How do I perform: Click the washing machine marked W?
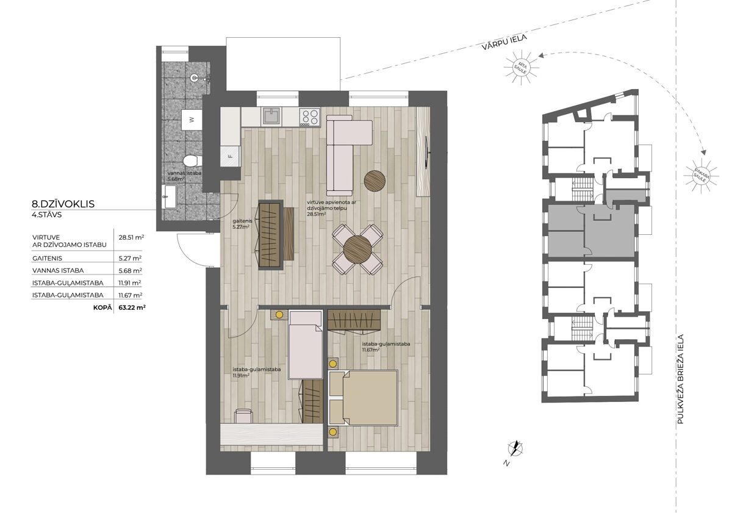(192, 120)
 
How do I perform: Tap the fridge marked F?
(230, 156)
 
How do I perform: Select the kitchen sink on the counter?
(271, 116)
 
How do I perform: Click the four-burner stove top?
(310, 117)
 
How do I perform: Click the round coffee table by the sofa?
(375, 181)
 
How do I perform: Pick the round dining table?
(357, 249)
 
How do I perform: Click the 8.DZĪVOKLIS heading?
(63, 204)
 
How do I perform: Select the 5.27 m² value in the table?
(130, 258)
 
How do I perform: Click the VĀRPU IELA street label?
(504, 43)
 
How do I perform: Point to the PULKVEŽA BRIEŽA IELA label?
(680, 379)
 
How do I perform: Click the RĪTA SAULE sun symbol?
(521, 67)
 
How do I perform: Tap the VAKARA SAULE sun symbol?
(701, 176)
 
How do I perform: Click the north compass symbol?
(515, 448)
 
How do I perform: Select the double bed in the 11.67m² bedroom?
(363, 398)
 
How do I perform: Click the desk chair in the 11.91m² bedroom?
(243, 416)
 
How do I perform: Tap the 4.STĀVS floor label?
(47, 215)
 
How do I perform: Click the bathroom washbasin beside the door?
(170, 196)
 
